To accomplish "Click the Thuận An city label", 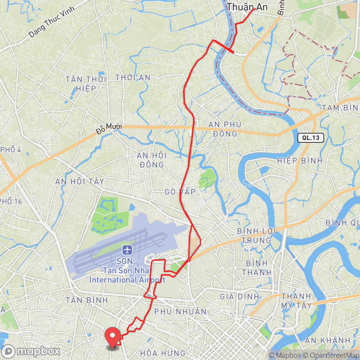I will coord(247,7).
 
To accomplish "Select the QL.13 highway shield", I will coord(310,137).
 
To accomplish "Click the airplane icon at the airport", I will coord(127,251).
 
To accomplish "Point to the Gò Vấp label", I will coord(180,192).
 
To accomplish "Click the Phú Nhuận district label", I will coord(180,311).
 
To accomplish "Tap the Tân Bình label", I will coord(87,300).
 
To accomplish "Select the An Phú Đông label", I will coord(225,129).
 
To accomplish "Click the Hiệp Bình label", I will coord(300,161).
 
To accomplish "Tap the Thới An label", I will coord(133,77).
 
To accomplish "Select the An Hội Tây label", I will coord(80,181).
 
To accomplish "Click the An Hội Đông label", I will coord(152,160).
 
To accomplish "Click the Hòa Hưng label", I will coord(162,353).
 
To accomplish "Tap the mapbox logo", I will coord(31,351).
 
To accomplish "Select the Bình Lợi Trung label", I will coord(256,236).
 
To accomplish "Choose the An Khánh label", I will coord(327,340).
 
